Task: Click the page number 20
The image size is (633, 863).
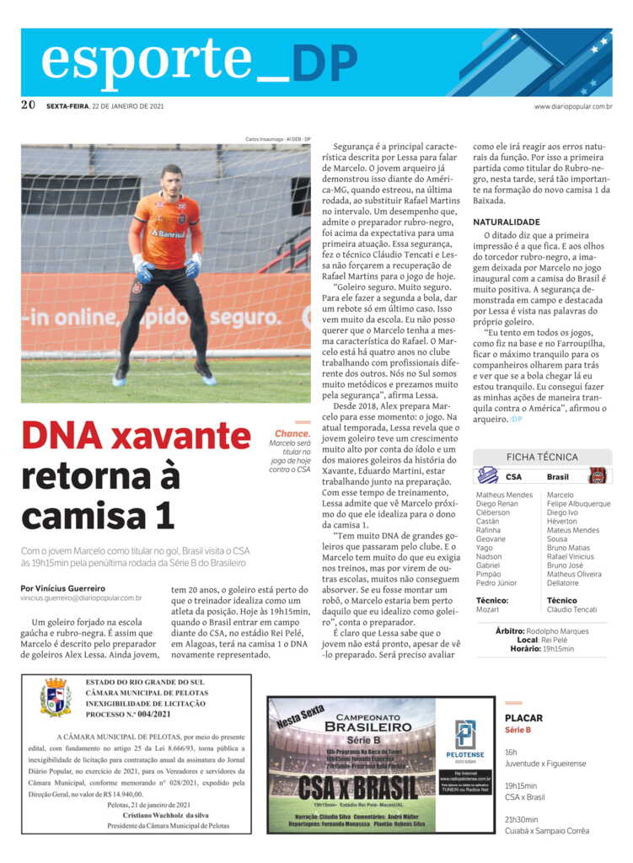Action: click(28, 105)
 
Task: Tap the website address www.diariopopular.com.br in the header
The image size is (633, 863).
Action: click(572, 106)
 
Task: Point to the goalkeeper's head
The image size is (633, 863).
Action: click(171, 180)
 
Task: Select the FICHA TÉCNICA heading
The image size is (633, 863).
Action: click(542, 457)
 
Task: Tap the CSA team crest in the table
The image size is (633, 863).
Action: click(488, 476)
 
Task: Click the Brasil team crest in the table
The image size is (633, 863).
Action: click(597, 476)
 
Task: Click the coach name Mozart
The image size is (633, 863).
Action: click(487, 609)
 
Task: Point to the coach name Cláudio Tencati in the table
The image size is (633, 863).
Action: click(571, 609)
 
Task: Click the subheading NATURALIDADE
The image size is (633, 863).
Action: click(507, 222)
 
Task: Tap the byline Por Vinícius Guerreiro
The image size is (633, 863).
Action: click(63, 588)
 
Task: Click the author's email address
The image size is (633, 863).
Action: click(81, 598)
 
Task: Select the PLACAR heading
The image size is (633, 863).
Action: click(523, 719)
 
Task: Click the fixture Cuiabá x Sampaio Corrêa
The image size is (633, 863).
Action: click(547, 830)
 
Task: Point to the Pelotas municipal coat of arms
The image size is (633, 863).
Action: click(56, 697)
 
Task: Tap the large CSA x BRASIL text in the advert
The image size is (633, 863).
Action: click(357, 788)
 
